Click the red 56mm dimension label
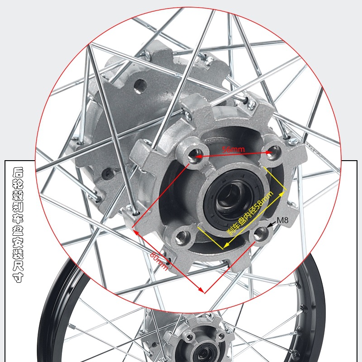(233, 149)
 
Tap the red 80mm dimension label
(159, 261)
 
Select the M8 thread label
(282, 220)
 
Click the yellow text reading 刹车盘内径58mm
(251, 213)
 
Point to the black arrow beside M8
(271, 224)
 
